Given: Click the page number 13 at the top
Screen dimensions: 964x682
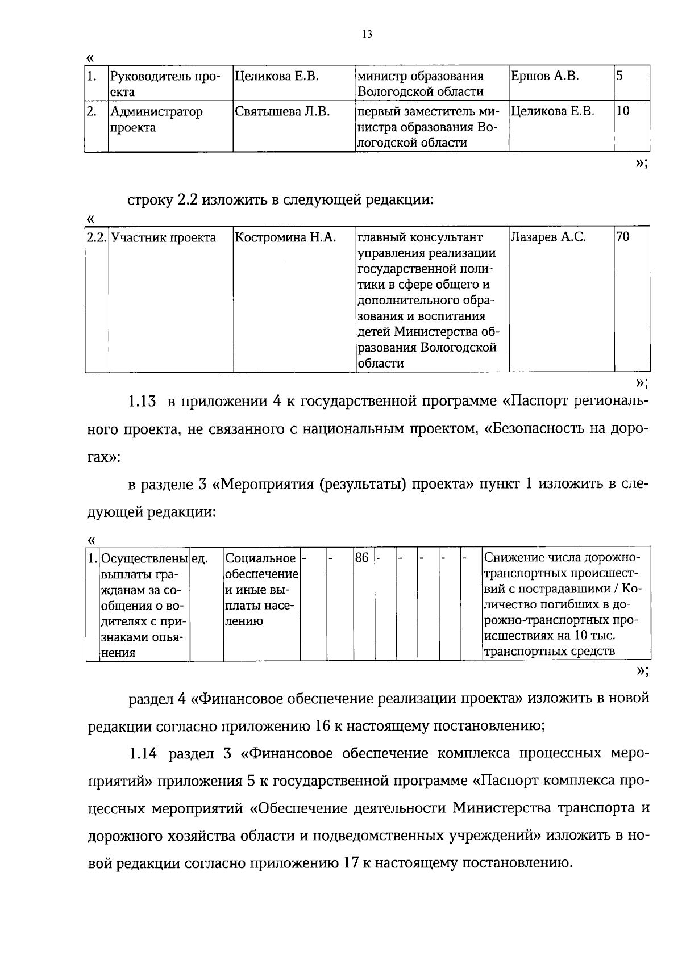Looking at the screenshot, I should (367, 35).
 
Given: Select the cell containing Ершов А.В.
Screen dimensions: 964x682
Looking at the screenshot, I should (544, 76).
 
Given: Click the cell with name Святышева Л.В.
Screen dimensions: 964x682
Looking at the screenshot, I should (282, 112).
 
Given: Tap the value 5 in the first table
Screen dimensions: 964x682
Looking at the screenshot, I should (620, 76).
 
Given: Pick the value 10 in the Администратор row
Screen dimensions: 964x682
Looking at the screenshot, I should (623, 112).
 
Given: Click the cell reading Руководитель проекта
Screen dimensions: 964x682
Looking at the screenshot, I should (164, 84).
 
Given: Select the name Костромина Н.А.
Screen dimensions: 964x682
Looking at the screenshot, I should (285, 237).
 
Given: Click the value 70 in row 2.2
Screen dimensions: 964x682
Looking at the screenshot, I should (623, 237).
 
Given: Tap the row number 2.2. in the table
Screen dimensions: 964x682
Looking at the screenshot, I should (97, 237).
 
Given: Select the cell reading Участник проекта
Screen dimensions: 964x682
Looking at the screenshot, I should (164, 237).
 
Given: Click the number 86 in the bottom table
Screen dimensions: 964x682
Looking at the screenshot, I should (361, 558).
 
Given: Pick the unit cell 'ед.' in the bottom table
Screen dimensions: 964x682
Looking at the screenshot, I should (199, 558).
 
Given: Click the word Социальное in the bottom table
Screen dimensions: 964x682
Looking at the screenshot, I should (260, 558).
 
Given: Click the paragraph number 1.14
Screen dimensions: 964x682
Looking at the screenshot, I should (142, 754).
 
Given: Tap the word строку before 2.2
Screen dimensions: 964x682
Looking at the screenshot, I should (150, 200).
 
